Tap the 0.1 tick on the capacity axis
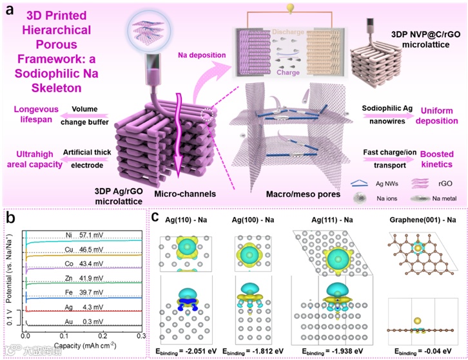pos(63,336)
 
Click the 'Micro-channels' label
pos(170,193)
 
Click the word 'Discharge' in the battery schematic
pos(297,31)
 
